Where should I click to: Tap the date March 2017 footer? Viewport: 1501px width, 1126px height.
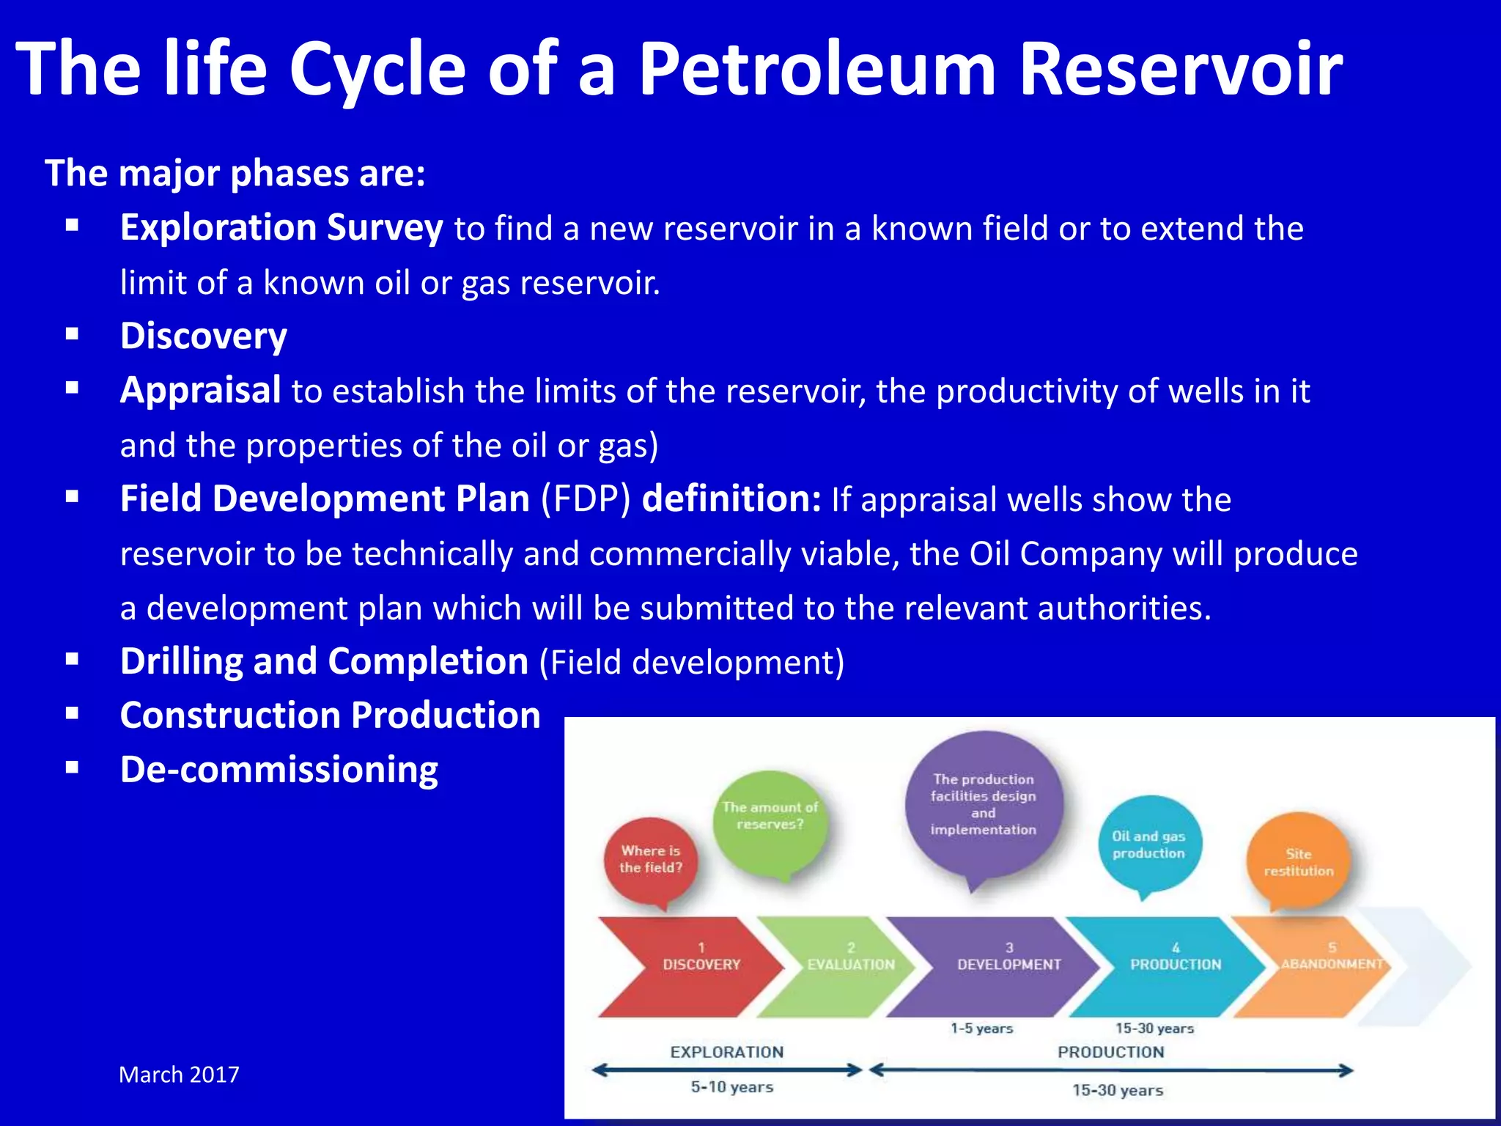coord(179,1075)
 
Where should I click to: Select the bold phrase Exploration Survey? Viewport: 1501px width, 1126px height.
coord(281,227)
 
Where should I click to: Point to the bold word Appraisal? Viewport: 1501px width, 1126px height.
coord(200,390)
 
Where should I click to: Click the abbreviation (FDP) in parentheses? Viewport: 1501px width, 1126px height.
coord(586,499)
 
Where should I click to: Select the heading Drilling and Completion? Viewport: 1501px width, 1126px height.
coord(324,661)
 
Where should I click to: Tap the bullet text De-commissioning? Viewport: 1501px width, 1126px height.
coord(279,770)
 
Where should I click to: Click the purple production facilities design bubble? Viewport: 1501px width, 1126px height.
coord(983,804)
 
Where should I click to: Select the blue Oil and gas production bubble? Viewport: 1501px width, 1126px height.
coord(1148,844)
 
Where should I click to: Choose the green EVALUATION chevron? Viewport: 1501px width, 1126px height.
coord(843,965)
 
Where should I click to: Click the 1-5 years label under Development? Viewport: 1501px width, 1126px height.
coord(981,1029)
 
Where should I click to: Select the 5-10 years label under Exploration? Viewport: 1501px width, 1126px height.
coord(731,1087)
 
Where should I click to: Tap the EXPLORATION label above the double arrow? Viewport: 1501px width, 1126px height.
coord(726,1052)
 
